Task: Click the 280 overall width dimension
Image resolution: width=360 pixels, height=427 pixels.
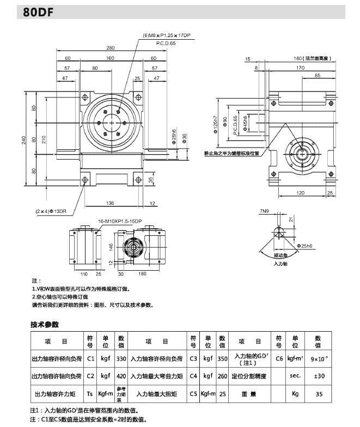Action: pos(110,48)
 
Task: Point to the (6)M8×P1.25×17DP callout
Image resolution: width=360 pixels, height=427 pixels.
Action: pos(166,35)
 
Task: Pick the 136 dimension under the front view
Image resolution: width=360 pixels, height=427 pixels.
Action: pos(111,204)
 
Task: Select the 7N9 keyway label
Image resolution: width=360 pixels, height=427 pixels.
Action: pos(265,211)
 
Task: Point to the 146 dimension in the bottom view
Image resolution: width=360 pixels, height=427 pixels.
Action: pos(110,246)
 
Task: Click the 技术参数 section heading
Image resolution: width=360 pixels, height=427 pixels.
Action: pos(44,325)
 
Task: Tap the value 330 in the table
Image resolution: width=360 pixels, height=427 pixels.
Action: pos(121,359)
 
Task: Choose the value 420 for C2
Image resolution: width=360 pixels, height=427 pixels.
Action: pos(121,376)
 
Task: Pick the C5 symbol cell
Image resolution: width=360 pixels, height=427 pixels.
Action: pos(193,393)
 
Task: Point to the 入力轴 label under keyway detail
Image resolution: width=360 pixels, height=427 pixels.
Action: pos(280,264)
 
